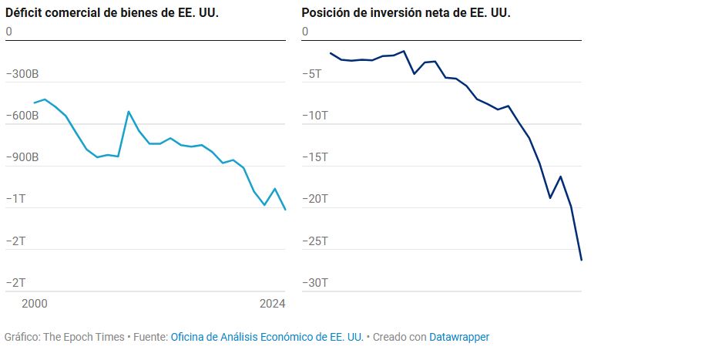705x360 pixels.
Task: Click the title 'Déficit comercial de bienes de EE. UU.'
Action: tap(112, 13)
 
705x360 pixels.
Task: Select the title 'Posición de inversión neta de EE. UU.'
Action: tap(406, 13)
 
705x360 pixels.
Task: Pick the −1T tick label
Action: tap(16, 199)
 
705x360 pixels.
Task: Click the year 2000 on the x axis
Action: tap(34, 304)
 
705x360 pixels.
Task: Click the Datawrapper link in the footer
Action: tap(459, 337)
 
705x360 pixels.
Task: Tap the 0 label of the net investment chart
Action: tap(305, 32)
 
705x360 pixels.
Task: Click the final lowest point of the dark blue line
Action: tap(581, 260)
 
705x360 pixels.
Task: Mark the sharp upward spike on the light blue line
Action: tap(129, 112)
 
